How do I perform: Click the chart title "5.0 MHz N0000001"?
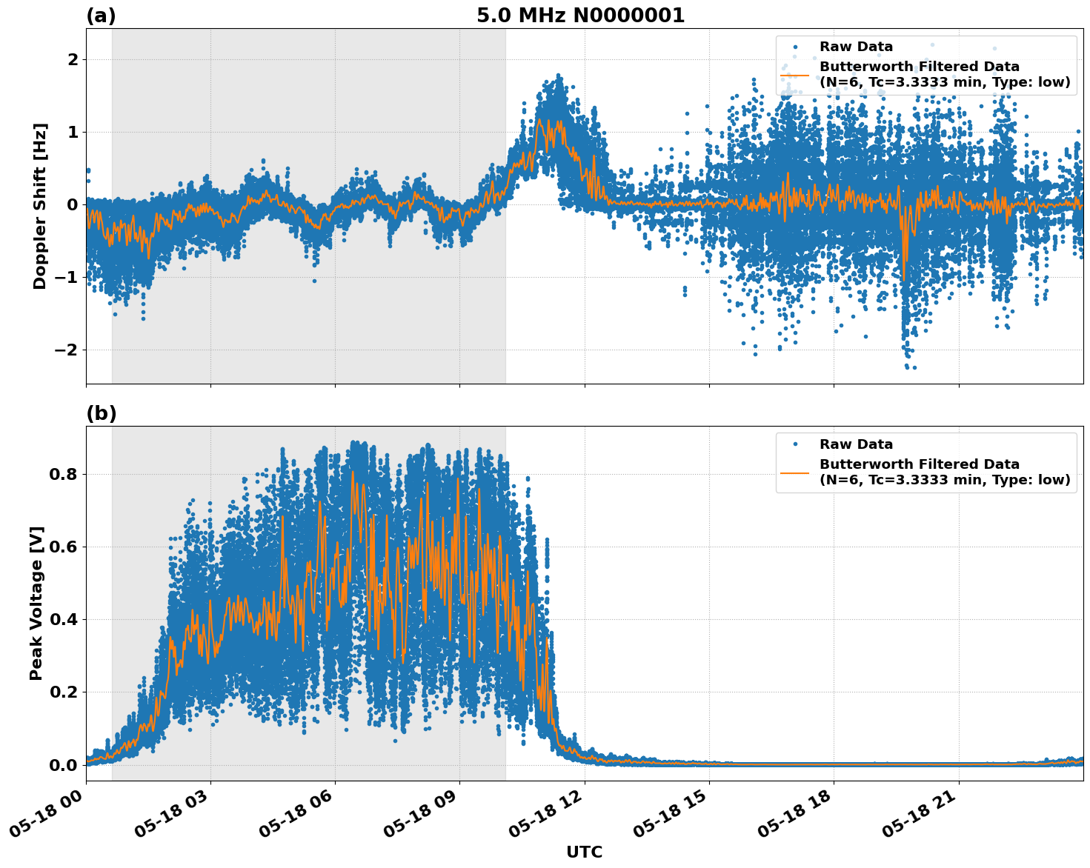(580, 16)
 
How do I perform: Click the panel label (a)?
(101, 16)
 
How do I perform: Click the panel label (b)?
(101, 413)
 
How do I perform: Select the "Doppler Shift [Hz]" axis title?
(40, 206)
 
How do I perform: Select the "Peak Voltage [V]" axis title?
(36, 603)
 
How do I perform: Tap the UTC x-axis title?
(584, 852)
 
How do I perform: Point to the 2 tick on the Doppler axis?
(73, 59)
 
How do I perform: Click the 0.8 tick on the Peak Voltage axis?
(62, 474)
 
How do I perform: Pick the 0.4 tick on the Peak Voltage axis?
(62, 619)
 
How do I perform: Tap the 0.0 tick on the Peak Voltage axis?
(62, 764)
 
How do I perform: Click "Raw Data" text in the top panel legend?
(856, 47)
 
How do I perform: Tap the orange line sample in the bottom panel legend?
(794, 472)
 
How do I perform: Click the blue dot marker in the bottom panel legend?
(794, 444)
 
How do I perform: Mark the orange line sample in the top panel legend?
(794, 74)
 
